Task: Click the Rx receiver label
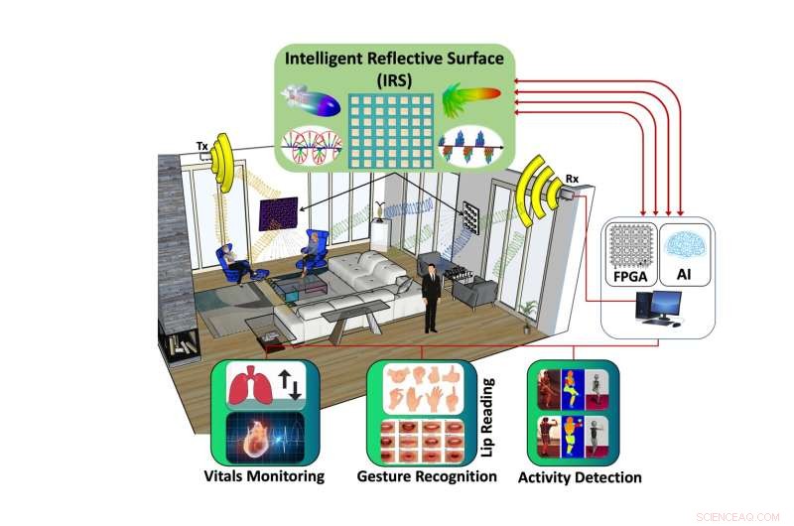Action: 572,179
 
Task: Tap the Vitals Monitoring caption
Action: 264,476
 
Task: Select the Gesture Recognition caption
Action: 427,476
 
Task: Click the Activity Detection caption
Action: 580,477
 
